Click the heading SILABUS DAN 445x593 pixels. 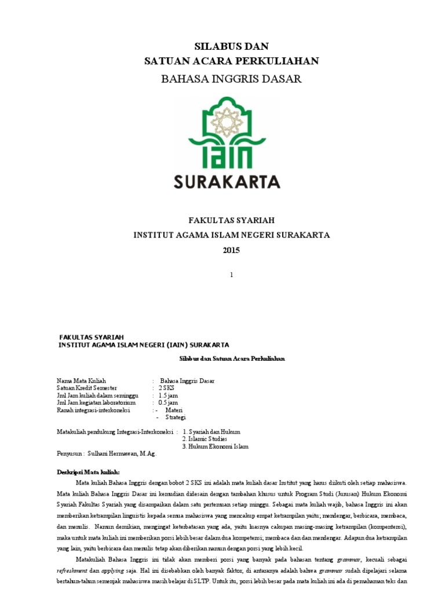click(x=231, y=46)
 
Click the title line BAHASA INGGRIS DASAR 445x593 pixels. click(x=231, y=79)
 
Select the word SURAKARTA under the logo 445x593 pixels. click(x=227, y=182)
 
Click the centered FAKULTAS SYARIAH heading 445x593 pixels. click(x=231, y=221)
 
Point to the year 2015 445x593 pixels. click(x=231, y=250)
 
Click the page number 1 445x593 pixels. click(x=231, y=275)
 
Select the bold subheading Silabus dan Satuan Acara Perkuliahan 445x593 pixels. click(x=232, y=359)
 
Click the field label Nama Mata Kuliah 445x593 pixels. click(x=81, y=380)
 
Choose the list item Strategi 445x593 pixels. click(x=176, y=417)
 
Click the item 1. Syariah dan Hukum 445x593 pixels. click(x=211, y=432)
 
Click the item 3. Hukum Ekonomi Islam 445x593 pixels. click(x=214, y=446)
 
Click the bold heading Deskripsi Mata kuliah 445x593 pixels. click(x=87, y=472)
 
